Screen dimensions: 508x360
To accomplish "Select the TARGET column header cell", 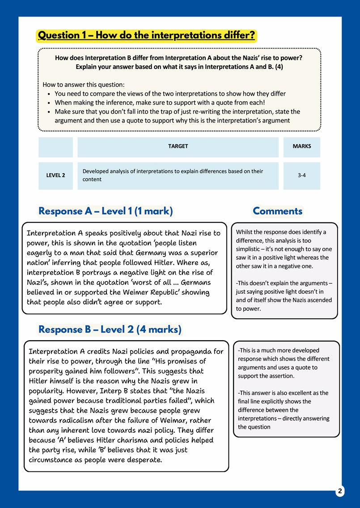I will (x=178, y=146).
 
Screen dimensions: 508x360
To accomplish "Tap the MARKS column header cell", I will (x=301, y=146).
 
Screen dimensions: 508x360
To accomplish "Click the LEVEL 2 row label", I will (x=55, y=175).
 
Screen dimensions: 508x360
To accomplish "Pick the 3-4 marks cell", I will (x=301, y=175).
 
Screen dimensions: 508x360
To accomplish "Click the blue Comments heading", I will (x=277, y=211).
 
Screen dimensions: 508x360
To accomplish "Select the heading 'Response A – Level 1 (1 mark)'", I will (x=106, y=211).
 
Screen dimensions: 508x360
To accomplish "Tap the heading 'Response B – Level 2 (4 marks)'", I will (x=110, y=330).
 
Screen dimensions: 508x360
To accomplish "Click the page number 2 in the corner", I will (x=340, y=491).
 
